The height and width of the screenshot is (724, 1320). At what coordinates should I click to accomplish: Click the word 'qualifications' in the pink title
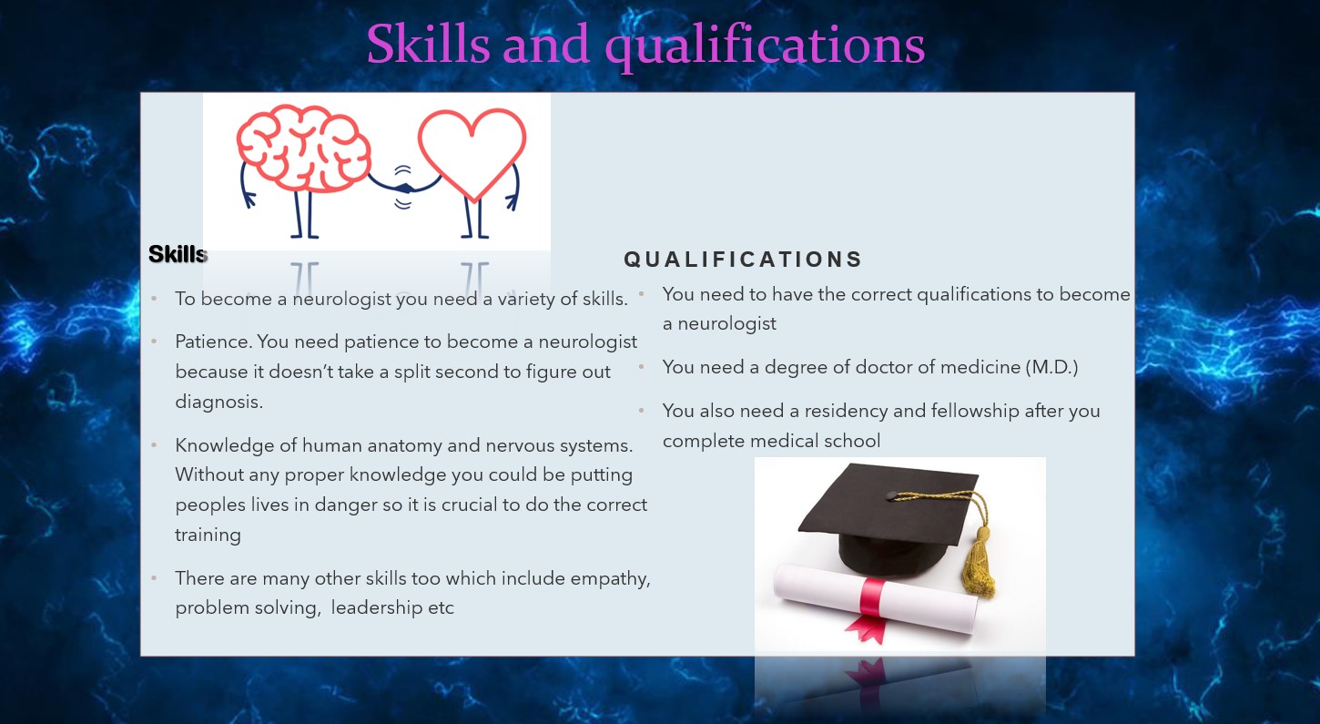click(765, 46)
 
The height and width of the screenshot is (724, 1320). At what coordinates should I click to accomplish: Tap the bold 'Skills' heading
click(178, 254)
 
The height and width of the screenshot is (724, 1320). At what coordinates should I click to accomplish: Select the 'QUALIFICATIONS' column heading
click(743, 260)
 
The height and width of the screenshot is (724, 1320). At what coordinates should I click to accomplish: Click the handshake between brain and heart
click(403, 189)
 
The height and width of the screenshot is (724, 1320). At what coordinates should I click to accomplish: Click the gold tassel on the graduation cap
click(979, 560)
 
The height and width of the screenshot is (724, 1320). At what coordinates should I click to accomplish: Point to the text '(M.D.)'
click(1051, 367)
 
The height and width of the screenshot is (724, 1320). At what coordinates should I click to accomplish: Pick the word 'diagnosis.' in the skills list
click(218, 403)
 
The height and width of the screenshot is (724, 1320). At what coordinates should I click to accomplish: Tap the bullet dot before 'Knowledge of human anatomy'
click(154, 445)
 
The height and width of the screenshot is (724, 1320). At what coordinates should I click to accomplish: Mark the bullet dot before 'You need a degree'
click(642, 367)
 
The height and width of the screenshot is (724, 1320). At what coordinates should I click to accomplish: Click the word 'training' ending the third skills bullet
click(208, 535)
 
